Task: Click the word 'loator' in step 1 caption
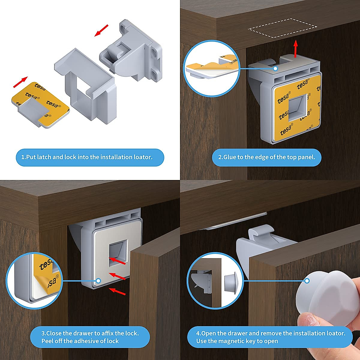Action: (x=141, y=157)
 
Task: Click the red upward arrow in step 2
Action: (x=296, y=48)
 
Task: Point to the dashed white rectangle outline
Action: (x=282, y=28)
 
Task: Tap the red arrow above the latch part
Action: (x=101, y=30)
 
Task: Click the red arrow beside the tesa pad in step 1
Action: (x=21, y=82)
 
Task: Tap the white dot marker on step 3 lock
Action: (x=98, y=281)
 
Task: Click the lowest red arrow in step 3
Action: (x=117, y=291)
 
